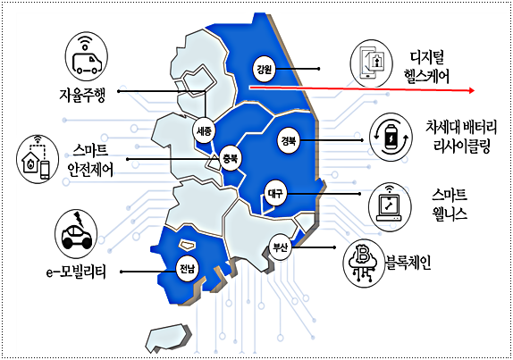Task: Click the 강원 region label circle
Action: click(264, 69)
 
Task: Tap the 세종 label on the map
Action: click(204, 131)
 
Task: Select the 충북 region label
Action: click(231, 158)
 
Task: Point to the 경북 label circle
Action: click(289, 140)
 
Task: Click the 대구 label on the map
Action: click(275, 194)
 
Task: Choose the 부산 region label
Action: click(281, 247)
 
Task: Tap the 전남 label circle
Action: click(187, 270)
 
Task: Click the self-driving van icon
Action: click(87, 56)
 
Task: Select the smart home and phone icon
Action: click(38, 159)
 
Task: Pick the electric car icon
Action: click(76, 233)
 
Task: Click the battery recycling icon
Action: click(391, 138)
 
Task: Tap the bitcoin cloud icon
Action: click(364, 264)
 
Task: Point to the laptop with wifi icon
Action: click(390, 206)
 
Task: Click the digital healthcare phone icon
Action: click(372, 63)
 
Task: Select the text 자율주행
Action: click(82, 96)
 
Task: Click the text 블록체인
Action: click(408, 263)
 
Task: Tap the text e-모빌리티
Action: click(76, 272)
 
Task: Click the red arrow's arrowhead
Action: click(472, 90)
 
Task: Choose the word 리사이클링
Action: click(462, 146)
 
